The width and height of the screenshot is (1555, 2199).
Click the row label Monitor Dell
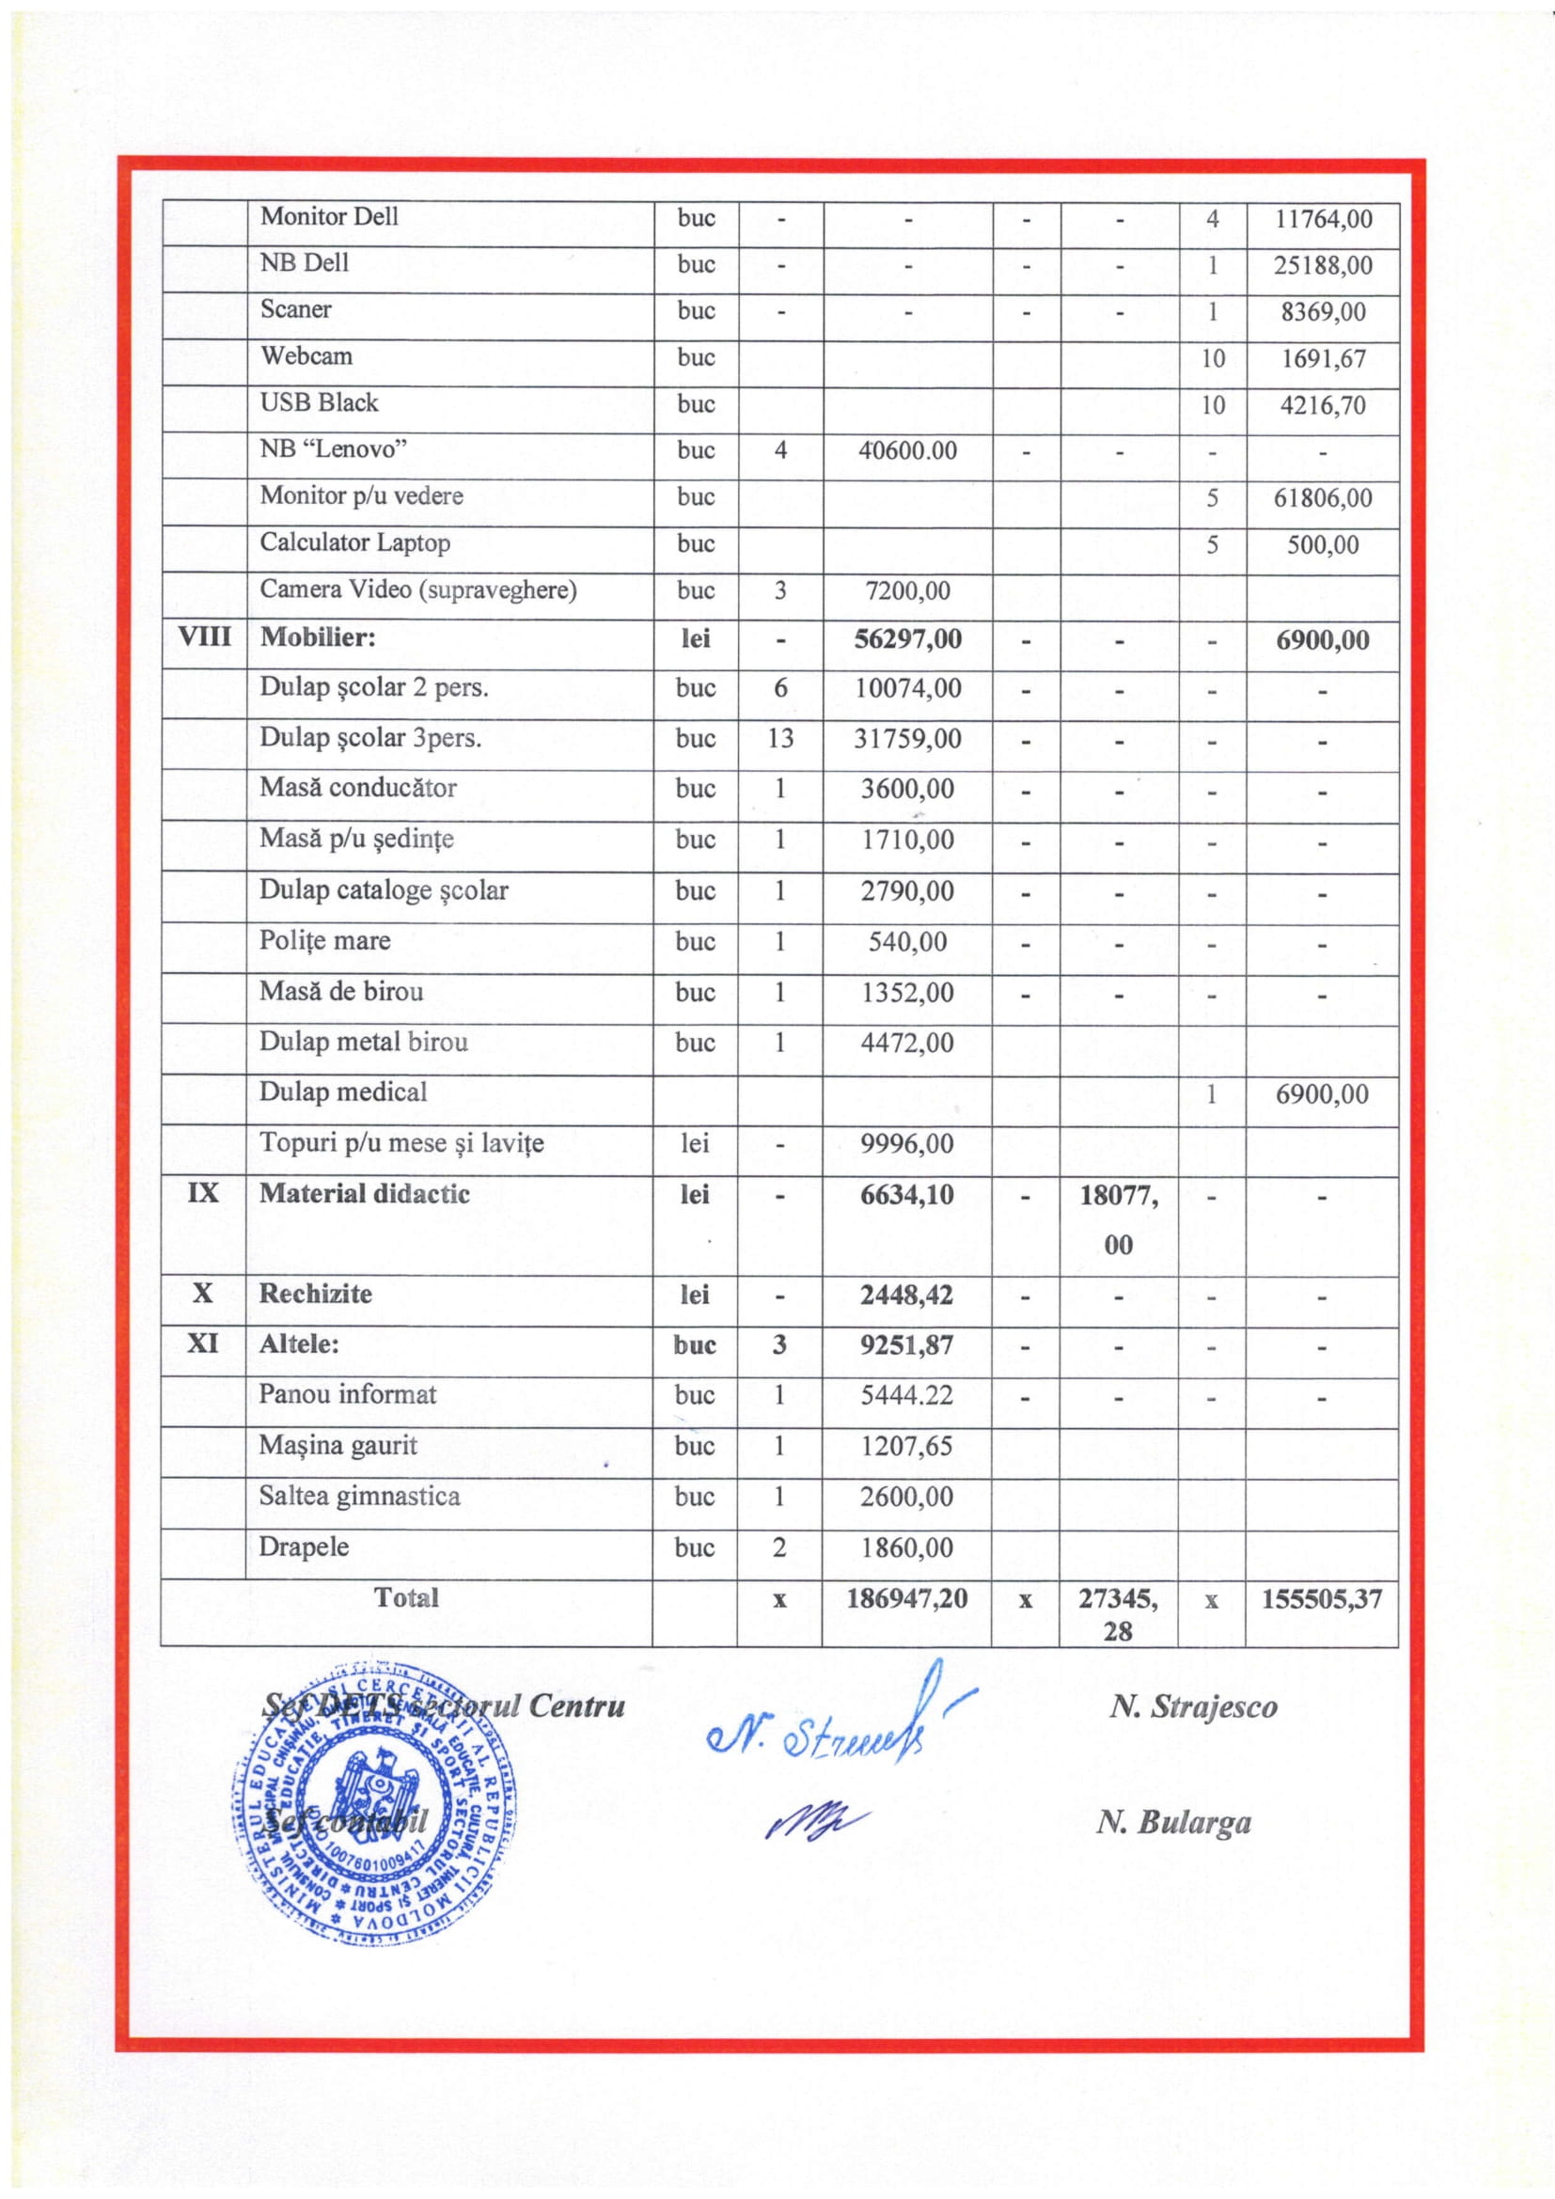(x=328, y=216)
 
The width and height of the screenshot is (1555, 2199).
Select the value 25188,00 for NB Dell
(x=1323, y=265)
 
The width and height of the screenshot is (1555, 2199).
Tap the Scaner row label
(x=296, y=309)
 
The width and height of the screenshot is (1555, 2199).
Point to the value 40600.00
(x=906, y=450)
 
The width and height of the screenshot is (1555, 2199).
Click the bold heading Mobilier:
(x=317, y=637)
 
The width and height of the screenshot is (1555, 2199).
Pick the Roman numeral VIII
(x=204, y=636)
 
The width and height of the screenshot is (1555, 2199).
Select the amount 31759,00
(x=906, y=738)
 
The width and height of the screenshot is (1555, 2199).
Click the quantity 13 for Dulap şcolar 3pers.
(x=779, y=738)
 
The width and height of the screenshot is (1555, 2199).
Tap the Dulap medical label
(x=343, y=1092)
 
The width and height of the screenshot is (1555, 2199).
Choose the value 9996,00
(x=906, y=1143)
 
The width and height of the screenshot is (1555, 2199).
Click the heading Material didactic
(x=364, y=1193)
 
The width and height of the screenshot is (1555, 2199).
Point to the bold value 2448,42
(x=906, y=1295)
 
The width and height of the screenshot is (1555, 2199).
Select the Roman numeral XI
(x=203, y=1343)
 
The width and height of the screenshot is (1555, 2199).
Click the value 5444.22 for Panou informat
(x=906, y=1394)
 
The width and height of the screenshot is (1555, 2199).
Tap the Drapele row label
(x=304, y=1547)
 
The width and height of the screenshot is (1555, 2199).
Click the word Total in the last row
(x=406, y=1597)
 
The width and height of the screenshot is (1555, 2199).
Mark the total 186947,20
(x=906, y=1597)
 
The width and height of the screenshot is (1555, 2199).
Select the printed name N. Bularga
(x=1173, y=1823)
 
